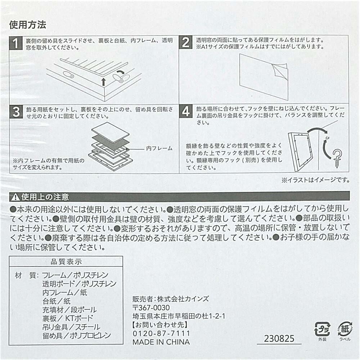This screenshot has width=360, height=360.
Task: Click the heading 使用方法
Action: point(28,25)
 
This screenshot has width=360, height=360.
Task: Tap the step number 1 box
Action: point(16,43)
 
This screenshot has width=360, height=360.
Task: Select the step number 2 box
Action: point(186,42)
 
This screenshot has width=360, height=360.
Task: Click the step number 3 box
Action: point(16,112)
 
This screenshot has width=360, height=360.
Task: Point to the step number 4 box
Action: point(186,111)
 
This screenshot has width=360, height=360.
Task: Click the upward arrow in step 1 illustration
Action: point(104,82)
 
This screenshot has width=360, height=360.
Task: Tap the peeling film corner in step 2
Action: point(280,71)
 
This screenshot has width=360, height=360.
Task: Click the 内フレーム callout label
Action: point(159,149)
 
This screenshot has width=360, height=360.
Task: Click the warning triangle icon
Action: point(15,197)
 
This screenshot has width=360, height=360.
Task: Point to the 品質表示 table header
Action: point(66,261)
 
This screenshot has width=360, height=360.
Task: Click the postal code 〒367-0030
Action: point(151,308)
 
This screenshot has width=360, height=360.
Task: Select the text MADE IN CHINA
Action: point(161,342)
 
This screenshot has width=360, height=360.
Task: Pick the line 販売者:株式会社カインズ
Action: point(171,299)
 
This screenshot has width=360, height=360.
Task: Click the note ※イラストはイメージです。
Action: point(316,180)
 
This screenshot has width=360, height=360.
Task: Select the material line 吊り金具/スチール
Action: point(71,327)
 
